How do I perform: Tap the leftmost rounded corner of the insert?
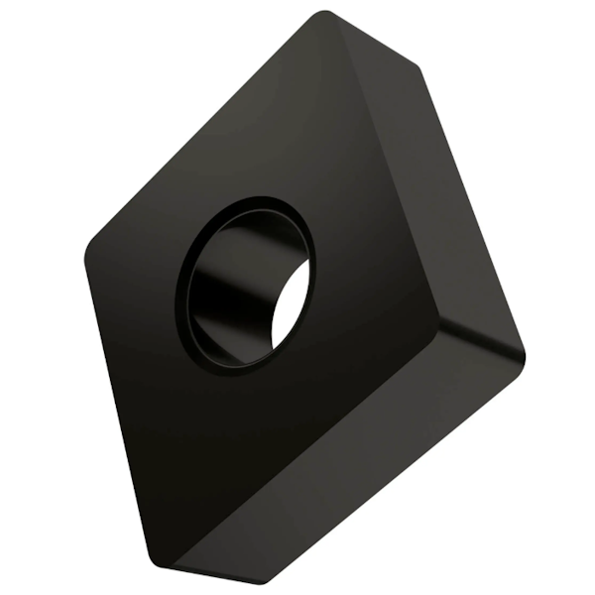click(91, 248)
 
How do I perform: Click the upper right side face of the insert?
click(436, 198)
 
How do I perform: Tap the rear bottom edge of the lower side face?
click(397, 476)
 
